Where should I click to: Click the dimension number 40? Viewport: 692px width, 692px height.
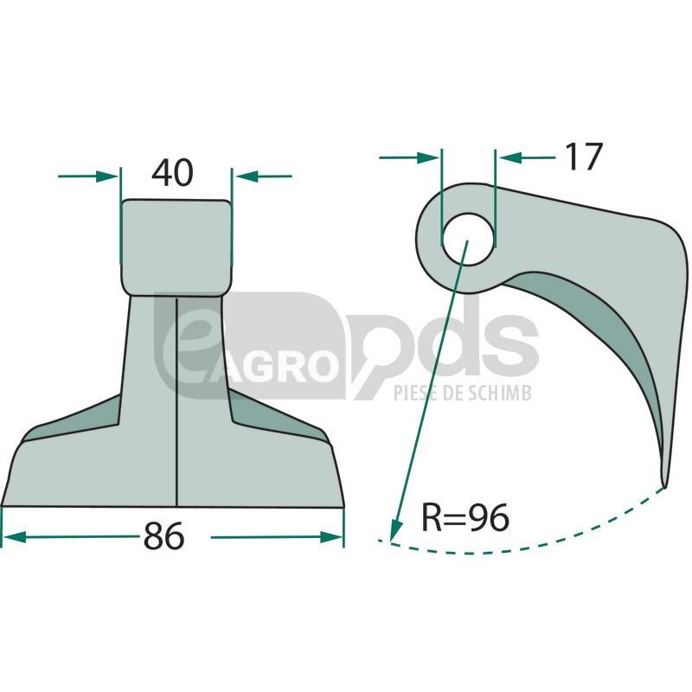point(172,172)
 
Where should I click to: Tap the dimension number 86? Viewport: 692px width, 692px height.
point(163,536)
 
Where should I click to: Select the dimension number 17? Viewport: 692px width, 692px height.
point(583,157)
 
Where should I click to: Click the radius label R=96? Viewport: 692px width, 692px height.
point(465,517)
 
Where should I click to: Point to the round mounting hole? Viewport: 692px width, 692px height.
point(468,240)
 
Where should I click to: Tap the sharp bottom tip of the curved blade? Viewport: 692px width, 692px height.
point(663,486)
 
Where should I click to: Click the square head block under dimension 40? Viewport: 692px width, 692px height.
point(176,247)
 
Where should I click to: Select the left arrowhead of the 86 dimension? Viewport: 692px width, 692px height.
point(14,537)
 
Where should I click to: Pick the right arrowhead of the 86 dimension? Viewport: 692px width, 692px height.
point(331,537)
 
